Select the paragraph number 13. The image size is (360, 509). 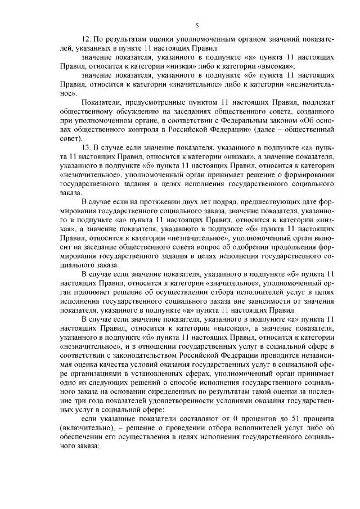coord(87,147)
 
